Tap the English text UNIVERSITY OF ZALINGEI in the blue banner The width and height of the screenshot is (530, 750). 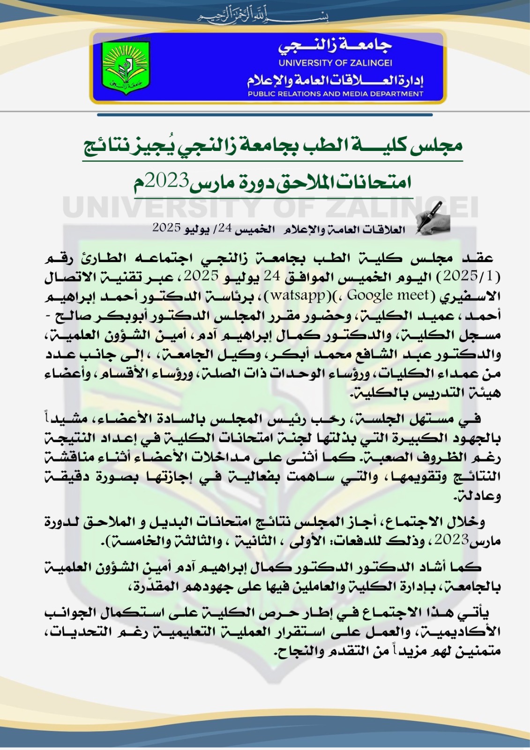(x=335, y=63)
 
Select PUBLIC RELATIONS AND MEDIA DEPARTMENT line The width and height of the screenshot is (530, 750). (x=335, y=94)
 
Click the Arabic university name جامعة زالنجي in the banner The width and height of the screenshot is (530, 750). (x=335, y=45)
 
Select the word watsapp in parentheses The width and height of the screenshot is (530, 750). (x=298, y=295)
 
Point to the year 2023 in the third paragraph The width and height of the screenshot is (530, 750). (x=451, y=540)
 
